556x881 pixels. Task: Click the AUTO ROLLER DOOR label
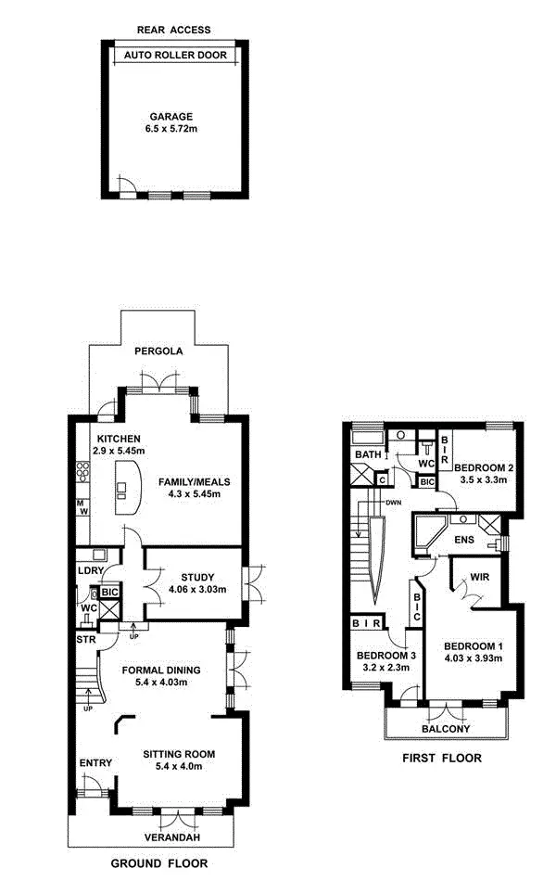[173, 55]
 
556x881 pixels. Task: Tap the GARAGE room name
[171, 117]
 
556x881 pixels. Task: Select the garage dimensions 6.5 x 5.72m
[171, 129]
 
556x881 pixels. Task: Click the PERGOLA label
[158, 351]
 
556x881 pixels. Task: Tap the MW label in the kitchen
[82, 507]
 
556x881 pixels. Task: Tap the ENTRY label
[95, 763]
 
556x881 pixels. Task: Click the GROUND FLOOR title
[155, 863]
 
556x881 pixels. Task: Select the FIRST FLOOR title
[441, 758]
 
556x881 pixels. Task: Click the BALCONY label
[446, 729]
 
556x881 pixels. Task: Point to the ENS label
[464, 539]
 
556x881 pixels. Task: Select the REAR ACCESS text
[173, 30]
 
